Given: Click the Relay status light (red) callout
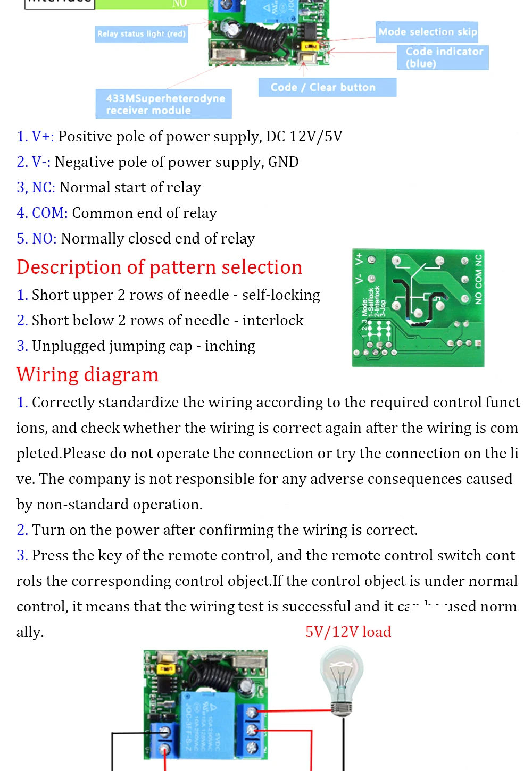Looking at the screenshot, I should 141,34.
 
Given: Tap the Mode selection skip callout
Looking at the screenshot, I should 427,32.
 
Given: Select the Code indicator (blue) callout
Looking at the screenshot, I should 443,57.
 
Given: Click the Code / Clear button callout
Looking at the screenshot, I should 327,87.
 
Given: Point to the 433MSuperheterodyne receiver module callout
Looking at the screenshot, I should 164,104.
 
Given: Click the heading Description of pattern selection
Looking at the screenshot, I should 159,267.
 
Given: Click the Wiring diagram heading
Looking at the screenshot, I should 87,375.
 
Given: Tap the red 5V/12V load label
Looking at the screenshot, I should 348,632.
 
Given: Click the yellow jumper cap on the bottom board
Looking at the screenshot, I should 167,667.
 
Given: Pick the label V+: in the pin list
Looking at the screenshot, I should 43,137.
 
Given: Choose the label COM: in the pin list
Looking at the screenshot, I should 49,213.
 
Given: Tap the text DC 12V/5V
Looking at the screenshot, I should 304,137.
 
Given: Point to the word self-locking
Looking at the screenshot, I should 281,295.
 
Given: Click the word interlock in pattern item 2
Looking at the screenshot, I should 273,321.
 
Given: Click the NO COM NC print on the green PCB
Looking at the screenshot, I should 478,279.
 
